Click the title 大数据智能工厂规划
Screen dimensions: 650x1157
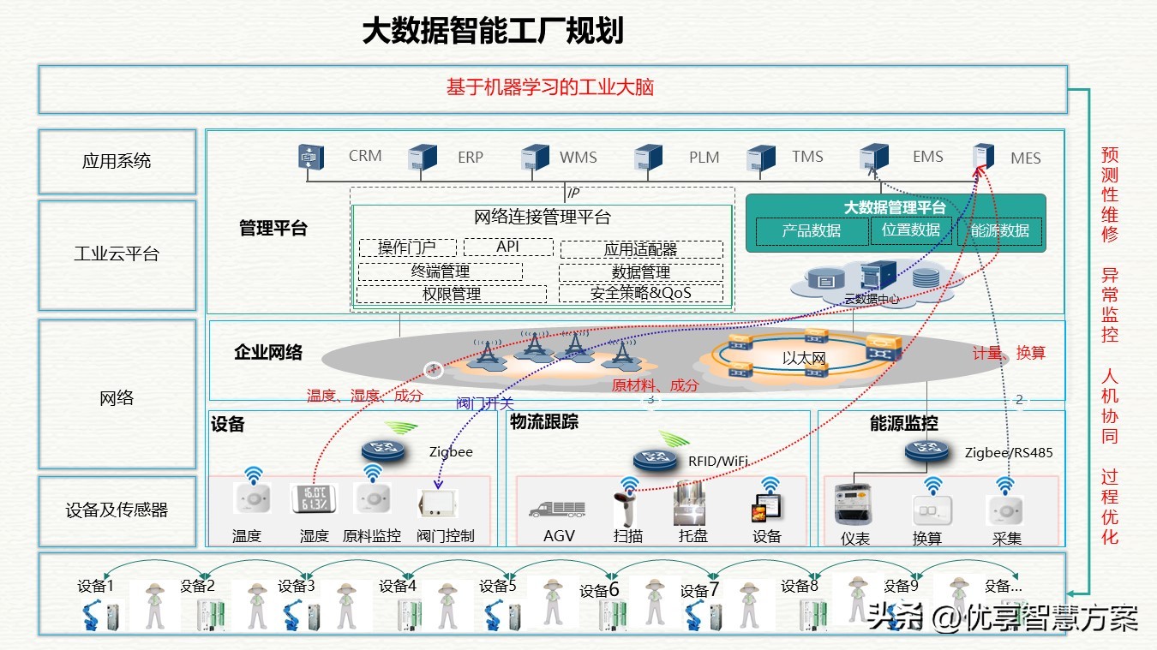point(492,32)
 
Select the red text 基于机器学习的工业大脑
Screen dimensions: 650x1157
point(550,87)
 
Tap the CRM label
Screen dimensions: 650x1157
point(365,156)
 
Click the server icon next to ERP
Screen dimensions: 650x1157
point(423,158)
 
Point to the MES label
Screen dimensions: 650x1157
point(1025,158)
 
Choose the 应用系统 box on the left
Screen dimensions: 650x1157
point(117,161)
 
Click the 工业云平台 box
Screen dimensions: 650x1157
point(117,254)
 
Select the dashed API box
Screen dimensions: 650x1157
point(508,247)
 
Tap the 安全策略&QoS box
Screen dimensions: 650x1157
point(640,293)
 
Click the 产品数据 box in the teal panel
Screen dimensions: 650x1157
point(811,230)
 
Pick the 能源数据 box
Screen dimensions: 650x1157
point(999,230)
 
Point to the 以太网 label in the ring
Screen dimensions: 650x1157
point(803,358)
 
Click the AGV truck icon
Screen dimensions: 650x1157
point(558,508)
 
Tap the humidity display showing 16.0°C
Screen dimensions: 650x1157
point(314,501)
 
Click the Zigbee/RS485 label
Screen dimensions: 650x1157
point(1008,452)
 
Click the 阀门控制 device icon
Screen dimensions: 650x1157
point(437,504)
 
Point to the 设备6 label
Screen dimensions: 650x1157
point(599,590)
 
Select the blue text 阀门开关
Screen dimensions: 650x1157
point(485,403)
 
